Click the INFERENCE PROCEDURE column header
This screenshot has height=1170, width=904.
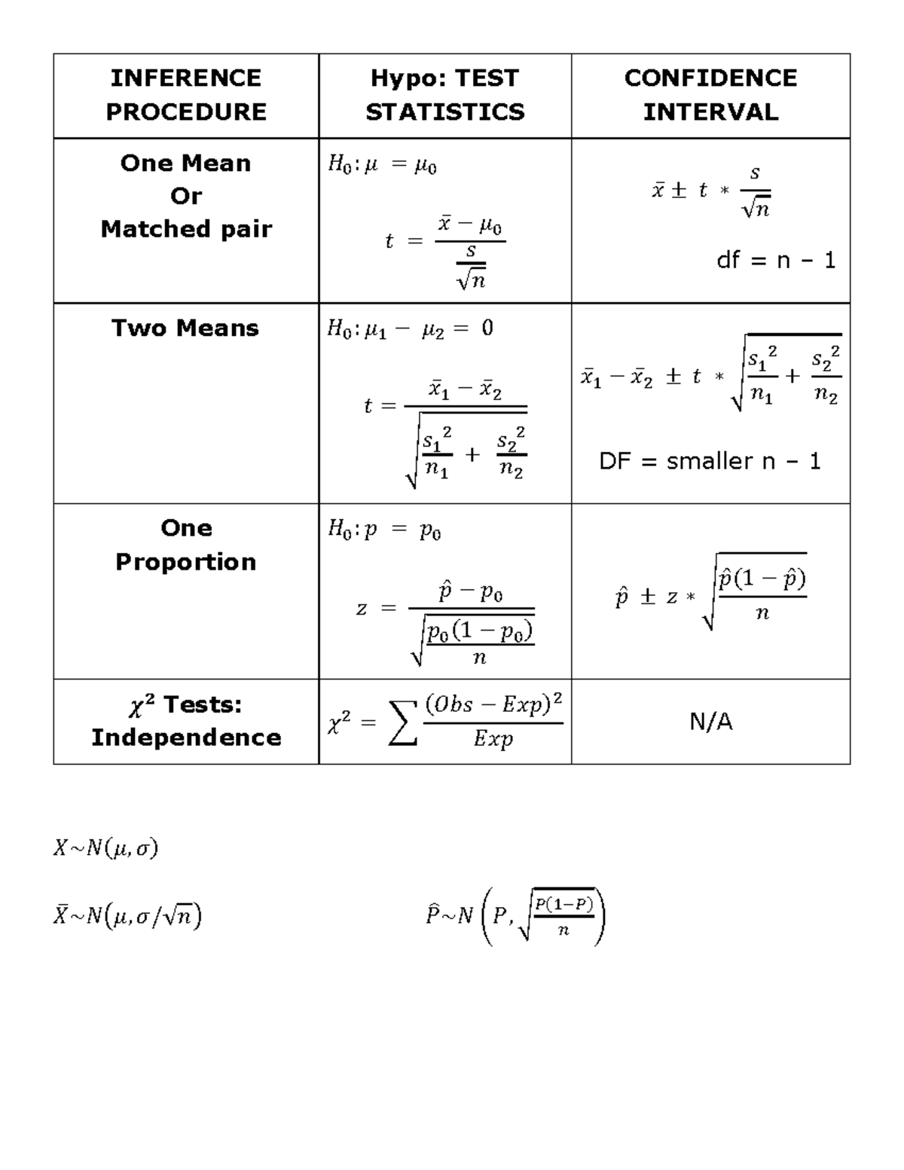tap(185, 95)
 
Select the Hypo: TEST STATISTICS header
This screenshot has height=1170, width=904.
tap(444, 95)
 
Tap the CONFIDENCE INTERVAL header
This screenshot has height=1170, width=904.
tap(710, 95)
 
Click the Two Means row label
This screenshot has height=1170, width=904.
tap(185, 328)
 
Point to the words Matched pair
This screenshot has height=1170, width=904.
tap(186, 229)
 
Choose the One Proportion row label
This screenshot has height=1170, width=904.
tap(186, 545)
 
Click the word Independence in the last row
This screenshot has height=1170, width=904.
tap(186, 737)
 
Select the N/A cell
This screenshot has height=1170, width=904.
tap(710, 722)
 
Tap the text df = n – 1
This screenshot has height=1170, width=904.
tap(776, 261)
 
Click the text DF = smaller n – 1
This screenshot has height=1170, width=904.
tap(710, 461)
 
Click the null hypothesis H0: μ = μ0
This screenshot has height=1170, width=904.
tap(382, 164)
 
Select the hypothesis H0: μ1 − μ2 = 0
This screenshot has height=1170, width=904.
tap(410, 329)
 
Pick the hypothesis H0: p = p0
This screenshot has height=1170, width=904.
tap(384, 530)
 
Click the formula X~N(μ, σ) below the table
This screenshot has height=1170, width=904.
tap(105, 849)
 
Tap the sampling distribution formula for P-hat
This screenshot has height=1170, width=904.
tap(516, 916)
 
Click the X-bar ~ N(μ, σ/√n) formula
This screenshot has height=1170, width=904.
tap(127, 915)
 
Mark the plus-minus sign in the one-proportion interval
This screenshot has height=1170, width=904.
tap(647, 598)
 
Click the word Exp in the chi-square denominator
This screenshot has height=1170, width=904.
tap(493, 740)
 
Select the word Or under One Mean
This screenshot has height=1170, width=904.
tap(186, 196)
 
